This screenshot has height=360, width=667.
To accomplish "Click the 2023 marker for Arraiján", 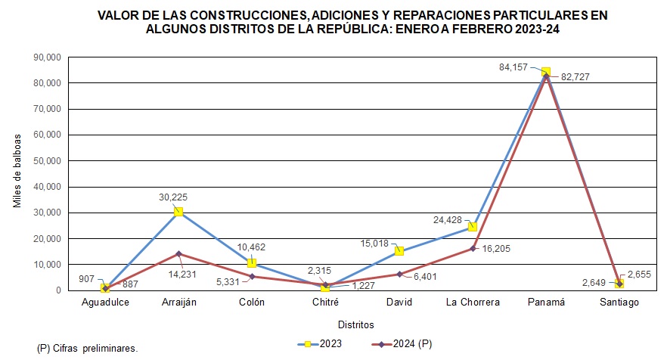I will tap(178, 212).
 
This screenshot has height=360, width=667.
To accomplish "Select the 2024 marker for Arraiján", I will tap(178, 253).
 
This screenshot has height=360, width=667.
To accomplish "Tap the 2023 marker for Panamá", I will tap(545, 72).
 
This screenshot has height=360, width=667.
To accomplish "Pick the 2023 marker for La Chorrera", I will tap(472, 227).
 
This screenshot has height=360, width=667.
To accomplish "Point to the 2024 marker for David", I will tap(399, 274).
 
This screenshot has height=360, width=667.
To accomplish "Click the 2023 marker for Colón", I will tap(252, 263).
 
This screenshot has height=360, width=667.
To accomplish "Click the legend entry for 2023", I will tap(320, 344).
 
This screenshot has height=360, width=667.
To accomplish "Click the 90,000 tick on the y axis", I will tap(48, 57).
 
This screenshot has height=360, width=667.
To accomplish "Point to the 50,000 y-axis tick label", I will tap(48, 160).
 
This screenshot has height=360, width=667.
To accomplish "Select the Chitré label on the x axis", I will tap(325, 303).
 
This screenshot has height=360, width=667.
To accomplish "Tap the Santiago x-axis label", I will tap(619, 303).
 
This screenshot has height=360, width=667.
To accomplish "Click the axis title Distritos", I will tap(356, 324).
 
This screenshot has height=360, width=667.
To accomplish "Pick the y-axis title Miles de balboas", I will tap(17, 173).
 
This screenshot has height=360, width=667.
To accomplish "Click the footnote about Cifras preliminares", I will tap(87, 349).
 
